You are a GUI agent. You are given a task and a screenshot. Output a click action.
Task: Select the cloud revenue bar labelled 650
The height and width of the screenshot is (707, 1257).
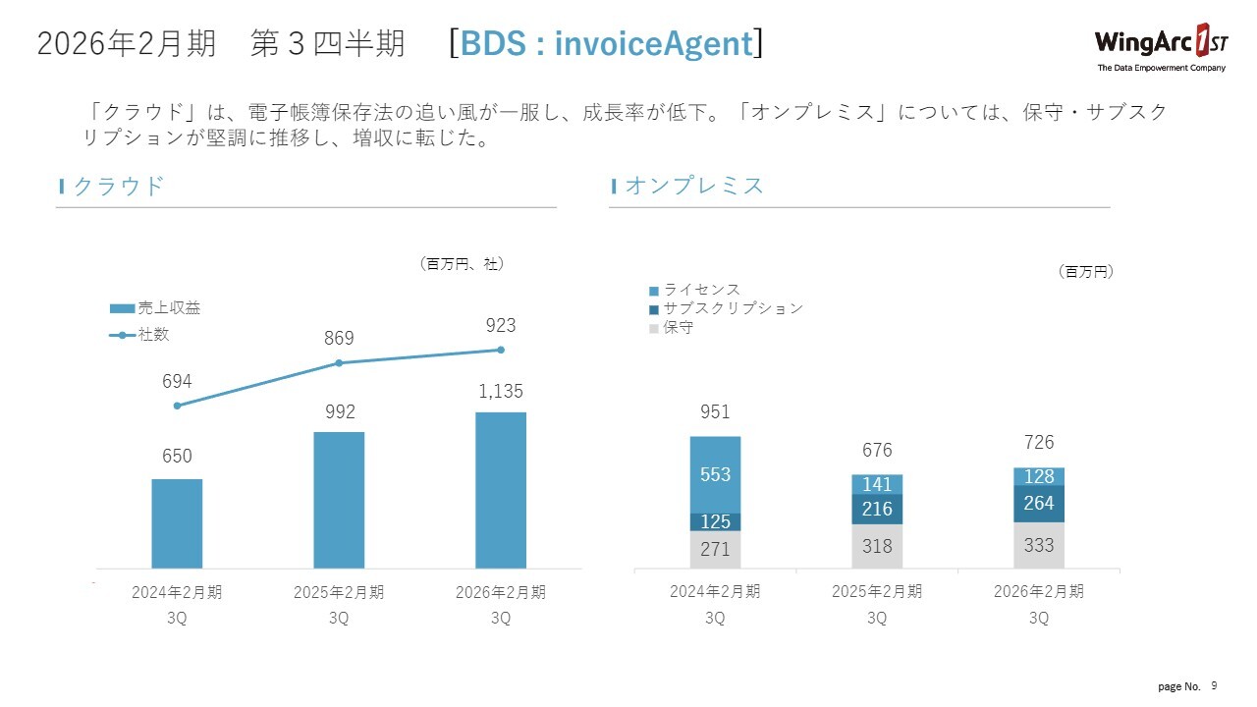tap(177, 523)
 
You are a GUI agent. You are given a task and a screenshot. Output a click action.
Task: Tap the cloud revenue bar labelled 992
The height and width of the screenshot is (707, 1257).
tap(339, 500)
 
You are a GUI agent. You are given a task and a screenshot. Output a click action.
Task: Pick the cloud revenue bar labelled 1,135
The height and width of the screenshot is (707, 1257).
tap(501, 490)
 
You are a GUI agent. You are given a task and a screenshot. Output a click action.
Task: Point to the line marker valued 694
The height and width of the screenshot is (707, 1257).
tap(177, 406)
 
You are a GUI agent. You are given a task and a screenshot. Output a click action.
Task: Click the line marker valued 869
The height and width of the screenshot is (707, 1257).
tap(339, 363)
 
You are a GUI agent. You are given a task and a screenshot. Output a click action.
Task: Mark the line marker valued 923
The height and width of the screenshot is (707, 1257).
tap(501, 350)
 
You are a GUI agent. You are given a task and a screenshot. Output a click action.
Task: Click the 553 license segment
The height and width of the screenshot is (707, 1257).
tap(715, 474)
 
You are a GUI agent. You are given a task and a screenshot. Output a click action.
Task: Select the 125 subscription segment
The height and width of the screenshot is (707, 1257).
tap(715, 522)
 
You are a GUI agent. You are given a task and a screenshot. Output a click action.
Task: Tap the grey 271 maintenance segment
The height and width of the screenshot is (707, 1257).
tap(715, 550)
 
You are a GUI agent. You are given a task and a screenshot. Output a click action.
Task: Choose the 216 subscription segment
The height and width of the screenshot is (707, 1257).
tap(877, 509)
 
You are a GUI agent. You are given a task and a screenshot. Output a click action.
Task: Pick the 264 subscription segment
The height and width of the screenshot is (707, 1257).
tap(1039, 504)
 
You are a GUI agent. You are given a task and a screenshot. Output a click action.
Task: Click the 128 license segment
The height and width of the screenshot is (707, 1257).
tap(1039, 476)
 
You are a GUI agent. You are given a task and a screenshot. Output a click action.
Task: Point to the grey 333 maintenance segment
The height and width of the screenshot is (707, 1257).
tap(1039, 545)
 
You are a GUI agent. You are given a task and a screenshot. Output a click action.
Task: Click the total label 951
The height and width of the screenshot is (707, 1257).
tap(715, 412)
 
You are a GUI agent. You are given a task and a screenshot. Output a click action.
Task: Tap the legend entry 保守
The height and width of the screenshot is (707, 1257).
tap(678, 327)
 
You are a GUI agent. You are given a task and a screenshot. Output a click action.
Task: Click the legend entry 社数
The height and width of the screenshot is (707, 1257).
tap(153, 334)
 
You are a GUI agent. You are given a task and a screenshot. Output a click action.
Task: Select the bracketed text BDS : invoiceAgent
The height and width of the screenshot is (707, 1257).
tap(605, 44)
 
